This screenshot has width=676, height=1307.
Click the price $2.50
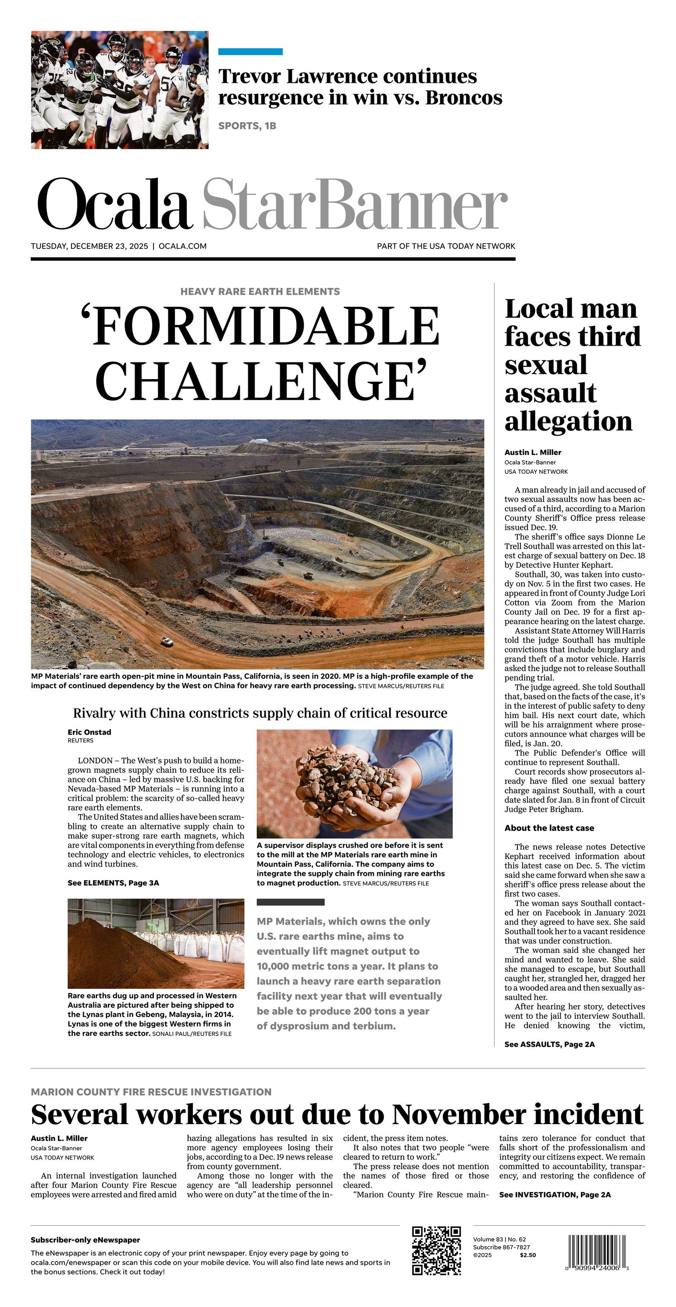pyautogui.click(x=527, y=1255)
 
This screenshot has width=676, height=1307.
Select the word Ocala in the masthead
pyautogui.click(x=114, y=204)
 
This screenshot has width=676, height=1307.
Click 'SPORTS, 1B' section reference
pyautogui.click(x=247, y=126)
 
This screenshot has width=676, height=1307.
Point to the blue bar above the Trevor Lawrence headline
pyautogui.click(x=250, y=52)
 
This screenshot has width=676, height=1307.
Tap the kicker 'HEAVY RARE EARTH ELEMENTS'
pyautogui.click(x=260, y=291)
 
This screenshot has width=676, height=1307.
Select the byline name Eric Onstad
pyautogui.click(x=89, y=732)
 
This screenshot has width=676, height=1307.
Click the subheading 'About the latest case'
pyautogui.click(x=549, y=828)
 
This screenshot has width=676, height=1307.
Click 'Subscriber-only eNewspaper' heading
pyautogui.click(x=85, y=1239)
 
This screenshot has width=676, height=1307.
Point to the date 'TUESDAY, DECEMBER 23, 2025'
pyautogui.click(x=89, y=246)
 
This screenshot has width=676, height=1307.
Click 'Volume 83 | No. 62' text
pyautogui.click(x=499, y=1239)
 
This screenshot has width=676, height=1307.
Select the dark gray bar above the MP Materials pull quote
pyautogui.click(x=290, y=902)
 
